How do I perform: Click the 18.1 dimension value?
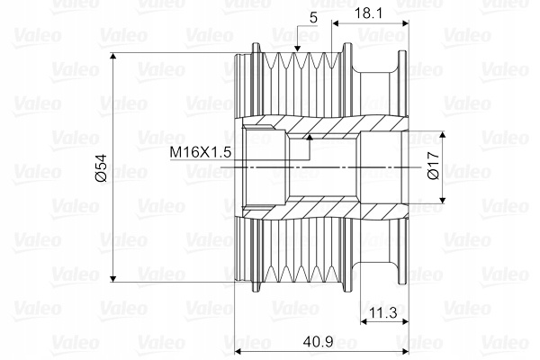click(x=368, y=13)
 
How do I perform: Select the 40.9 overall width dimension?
click(x=319, y=342)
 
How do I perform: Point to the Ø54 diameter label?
click(x=101, y=167)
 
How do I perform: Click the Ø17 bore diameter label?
click(x=433, y=166)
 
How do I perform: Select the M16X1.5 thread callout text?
click(x=201, y=152)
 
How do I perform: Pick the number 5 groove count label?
click(x=313, y=18)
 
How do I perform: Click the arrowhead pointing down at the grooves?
click(x=297, y=49)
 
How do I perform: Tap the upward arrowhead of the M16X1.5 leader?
click(x=310, y=138)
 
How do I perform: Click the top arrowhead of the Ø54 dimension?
click(x=113, y=58)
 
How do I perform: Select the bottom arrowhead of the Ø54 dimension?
click(x=113, y=278)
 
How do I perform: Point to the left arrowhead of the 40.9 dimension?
click(x=239, y=352)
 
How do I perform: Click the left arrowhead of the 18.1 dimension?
click(x=336, y=23)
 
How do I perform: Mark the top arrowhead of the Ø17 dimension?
click(x=443, y=135)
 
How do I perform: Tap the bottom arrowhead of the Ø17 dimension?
click(x=443, y=200)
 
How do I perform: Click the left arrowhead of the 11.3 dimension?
click(x=365, y=321)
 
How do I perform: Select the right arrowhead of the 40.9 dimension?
click(x=404, y=352)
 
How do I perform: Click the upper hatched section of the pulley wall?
click(x=324, y=125)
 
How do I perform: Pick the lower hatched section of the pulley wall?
click(x=324, y=209)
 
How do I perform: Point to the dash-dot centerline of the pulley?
click(x=320, y=167)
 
